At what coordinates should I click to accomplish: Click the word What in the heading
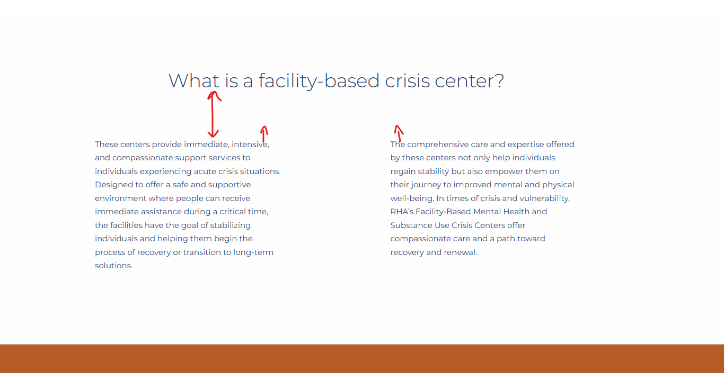click(193, 80)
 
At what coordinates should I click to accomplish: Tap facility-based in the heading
click(319, 81)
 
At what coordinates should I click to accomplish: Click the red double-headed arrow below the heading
click(213, 115)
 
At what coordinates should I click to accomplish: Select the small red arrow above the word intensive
click(264, 134)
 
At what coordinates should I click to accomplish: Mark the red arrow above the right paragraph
click(399, 133)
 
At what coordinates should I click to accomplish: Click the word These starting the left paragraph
click(107, 144)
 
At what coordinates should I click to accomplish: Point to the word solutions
click(113, 266)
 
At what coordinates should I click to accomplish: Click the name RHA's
click(402, 212)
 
